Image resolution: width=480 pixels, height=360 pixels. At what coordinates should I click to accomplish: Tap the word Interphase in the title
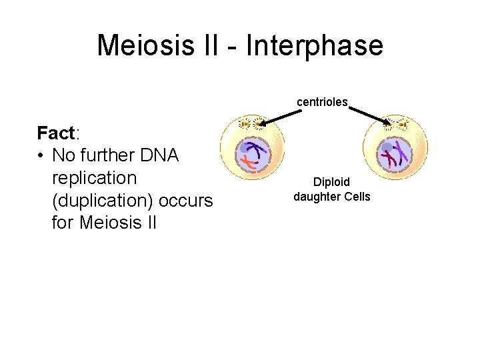coord(315,45)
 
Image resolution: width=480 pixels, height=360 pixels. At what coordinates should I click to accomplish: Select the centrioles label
coord(322,102)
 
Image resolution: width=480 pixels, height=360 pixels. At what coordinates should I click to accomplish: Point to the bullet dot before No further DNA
coord(42,156)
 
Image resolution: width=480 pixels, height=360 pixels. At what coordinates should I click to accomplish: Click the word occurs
coord(189,200)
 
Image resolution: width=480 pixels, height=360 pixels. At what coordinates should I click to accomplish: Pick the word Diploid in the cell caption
coord(331,182)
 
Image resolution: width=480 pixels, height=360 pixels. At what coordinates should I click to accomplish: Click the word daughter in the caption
coord(317,196)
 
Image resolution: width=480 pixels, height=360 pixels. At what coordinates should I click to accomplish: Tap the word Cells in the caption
coord(357,196)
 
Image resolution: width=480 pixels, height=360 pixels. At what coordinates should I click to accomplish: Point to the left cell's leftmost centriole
coord(244,123)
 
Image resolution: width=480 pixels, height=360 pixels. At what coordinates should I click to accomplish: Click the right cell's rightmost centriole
coord(403,124)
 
